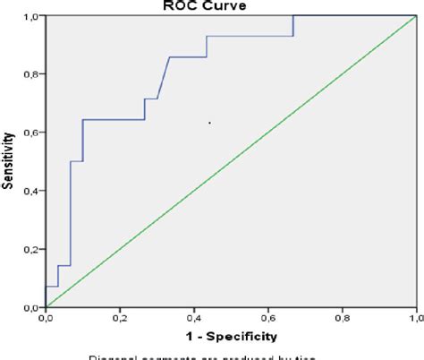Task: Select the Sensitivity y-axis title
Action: [9, 161]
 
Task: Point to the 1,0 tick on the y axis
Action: [30, 16]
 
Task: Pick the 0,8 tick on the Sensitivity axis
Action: [30, 74]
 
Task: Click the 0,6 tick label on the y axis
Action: [30, 133]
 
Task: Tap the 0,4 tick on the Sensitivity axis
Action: [30, 191]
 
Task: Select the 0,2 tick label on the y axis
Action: [30, 249]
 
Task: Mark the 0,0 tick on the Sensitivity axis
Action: [30, 307]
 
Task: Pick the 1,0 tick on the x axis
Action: [415, 317]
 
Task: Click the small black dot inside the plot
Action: [209, 123]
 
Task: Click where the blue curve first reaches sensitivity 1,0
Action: [293, 16]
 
